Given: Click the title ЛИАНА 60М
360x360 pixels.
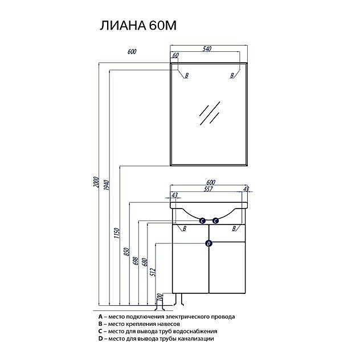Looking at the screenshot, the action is click(138, 25).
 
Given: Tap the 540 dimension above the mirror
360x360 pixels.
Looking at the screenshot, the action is click(207, 48).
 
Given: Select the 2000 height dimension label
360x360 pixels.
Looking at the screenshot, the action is click(97, 182).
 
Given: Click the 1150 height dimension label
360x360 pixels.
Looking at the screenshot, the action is click(117, 233).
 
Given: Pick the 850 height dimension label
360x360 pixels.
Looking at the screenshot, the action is click(127, 252).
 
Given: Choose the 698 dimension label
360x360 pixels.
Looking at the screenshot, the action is click(136, 261).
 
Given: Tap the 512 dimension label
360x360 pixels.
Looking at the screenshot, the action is click(153, 272).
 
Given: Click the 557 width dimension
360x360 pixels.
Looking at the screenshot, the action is click(208, 189).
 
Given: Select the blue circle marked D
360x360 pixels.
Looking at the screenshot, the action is click(208, 243).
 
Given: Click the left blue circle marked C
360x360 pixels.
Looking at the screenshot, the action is click(202, 221).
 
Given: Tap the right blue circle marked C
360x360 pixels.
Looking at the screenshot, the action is click(215, 221).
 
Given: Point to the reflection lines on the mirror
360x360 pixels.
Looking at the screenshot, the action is click(210, 113).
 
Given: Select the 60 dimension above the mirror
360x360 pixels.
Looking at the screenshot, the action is click(175, 55).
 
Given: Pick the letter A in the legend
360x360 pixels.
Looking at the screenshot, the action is click(100, 317).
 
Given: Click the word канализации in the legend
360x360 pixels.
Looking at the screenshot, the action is click(196, 339).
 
